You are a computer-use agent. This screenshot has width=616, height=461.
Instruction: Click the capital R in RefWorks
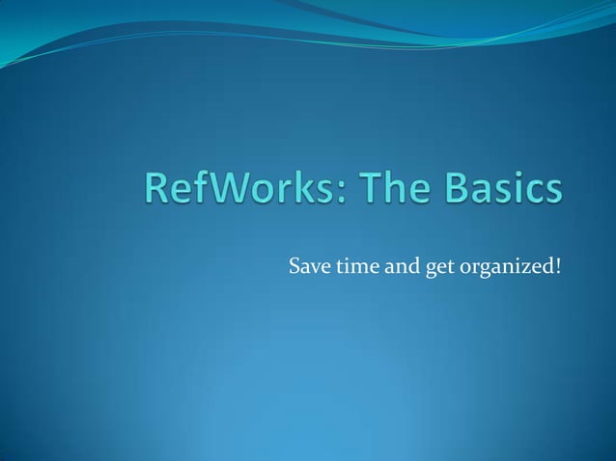coord(158,188)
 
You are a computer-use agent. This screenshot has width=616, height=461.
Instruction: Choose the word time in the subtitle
coord(355,265)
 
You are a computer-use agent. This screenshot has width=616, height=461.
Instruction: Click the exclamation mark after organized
coord(558,264)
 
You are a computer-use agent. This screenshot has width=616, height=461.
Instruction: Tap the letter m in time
coord(360,266)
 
